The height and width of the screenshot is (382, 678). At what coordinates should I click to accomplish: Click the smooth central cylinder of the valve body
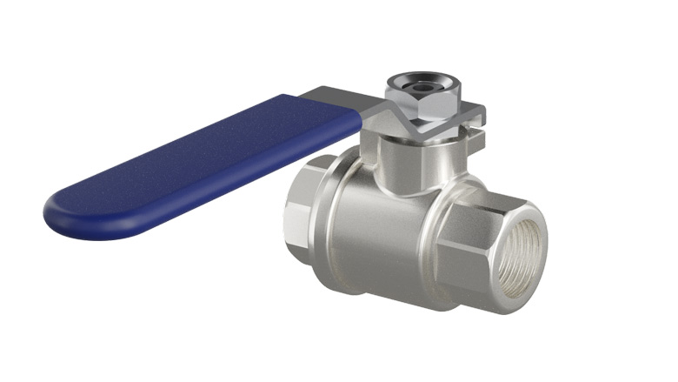coord(382,235)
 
